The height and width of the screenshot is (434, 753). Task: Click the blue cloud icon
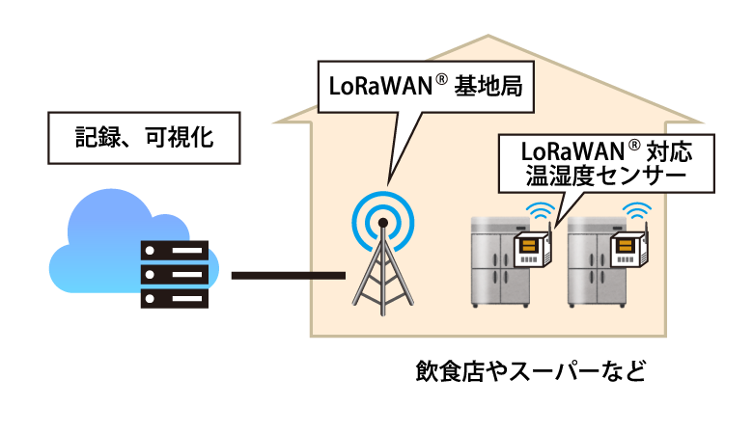tap(97, 231)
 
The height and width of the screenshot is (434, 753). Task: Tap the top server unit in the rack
tap(175, 250)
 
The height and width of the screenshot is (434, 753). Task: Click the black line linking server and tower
tap(288, 277)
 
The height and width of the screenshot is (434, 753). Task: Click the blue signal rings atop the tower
tap(383, 219)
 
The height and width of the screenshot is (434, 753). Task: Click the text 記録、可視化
tap(144, 139)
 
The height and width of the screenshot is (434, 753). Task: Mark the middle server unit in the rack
tap(175, 273)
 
